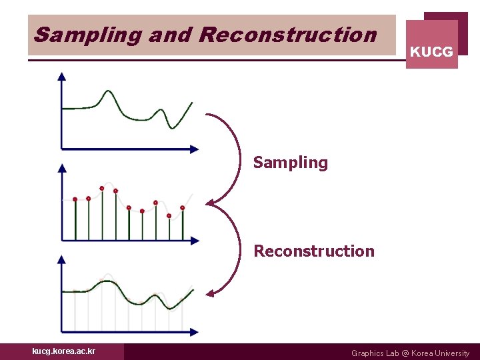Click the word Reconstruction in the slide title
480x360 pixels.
287,35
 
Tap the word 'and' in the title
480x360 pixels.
170,35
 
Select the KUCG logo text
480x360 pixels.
431,51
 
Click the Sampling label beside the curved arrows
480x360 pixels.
291,163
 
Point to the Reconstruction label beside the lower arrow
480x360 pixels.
314,251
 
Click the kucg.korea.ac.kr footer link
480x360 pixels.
63,351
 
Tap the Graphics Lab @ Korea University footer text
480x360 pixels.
410,353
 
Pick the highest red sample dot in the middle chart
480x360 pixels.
102,189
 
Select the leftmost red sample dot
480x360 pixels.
75,199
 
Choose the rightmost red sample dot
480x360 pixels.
182,208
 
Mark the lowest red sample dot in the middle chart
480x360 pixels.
169,216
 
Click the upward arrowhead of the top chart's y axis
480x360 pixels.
62,76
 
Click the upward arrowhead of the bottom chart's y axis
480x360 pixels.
62,259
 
